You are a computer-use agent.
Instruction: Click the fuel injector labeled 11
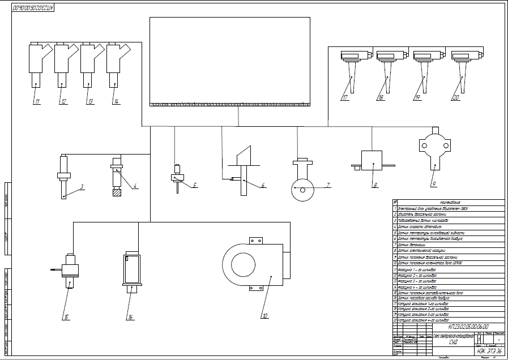point(35,65)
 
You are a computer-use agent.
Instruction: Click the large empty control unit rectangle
point(229,59)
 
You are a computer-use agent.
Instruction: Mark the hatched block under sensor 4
point(117,192)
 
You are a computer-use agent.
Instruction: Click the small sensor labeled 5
point(177,177)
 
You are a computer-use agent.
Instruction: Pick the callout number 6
point(263,186)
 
